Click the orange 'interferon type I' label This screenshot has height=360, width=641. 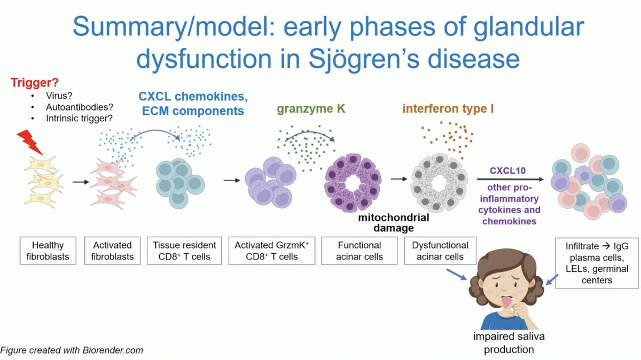[448, 109]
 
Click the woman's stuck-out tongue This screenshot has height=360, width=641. [505, 302]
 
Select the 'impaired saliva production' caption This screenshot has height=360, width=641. [505, 343]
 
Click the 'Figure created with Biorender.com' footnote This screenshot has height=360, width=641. [72, 351]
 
